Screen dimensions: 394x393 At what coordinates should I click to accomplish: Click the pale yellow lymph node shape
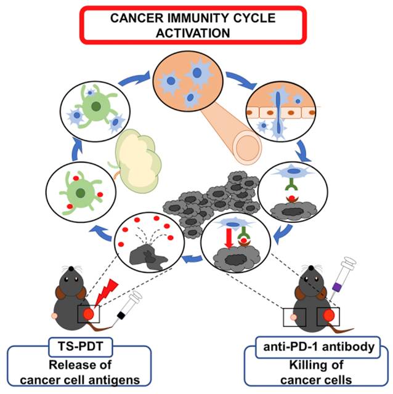click(x=137, y=155)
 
